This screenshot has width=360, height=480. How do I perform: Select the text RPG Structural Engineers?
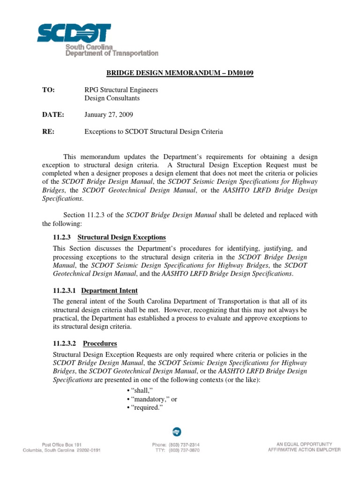point(120,90)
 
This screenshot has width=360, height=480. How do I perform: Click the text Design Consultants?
point(112,98)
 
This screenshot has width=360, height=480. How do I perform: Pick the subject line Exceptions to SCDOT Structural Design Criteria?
point(153,132)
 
